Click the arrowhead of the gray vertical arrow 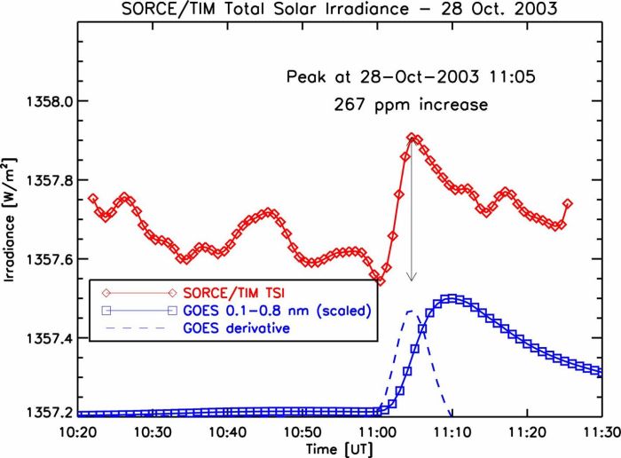coord(411,278)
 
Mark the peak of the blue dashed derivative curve coord(410,311)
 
